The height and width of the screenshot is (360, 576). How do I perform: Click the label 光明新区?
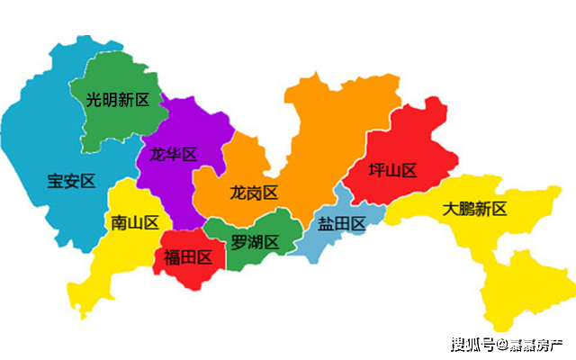point(117,100)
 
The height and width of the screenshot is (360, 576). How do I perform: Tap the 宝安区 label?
point(71,181)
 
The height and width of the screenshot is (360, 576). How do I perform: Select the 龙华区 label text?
point(173,154)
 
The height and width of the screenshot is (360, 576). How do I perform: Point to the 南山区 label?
point(135,222)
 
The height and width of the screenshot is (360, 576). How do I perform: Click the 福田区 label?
point(188,257)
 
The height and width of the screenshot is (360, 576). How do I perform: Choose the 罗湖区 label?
point(255,241)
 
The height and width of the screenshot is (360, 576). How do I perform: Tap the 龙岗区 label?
point(254,193)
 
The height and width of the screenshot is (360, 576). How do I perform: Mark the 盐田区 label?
point(342,224)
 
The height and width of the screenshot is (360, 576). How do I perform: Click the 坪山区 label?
point(393,170)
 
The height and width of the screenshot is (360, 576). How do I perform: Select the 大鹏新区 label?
point(475,210)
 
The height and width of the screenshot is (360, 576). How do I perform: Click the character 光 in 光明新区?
point(94,100)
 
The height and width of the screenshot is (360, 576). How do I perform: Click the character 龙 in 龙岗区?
point(238,193)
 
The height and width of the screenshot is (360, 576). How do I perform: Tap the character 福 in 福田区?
point(172,257)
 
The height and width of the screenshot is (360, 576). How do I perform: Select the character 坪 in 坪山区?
point(377,170)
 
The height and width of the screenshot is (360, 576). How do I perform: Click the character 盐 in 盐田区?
point(326,224)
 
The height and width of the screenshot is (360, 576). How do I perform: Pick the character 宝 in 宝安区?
point(55,181)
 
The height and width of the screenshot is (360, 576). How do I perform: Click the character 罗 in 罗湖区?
point(238,241)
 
